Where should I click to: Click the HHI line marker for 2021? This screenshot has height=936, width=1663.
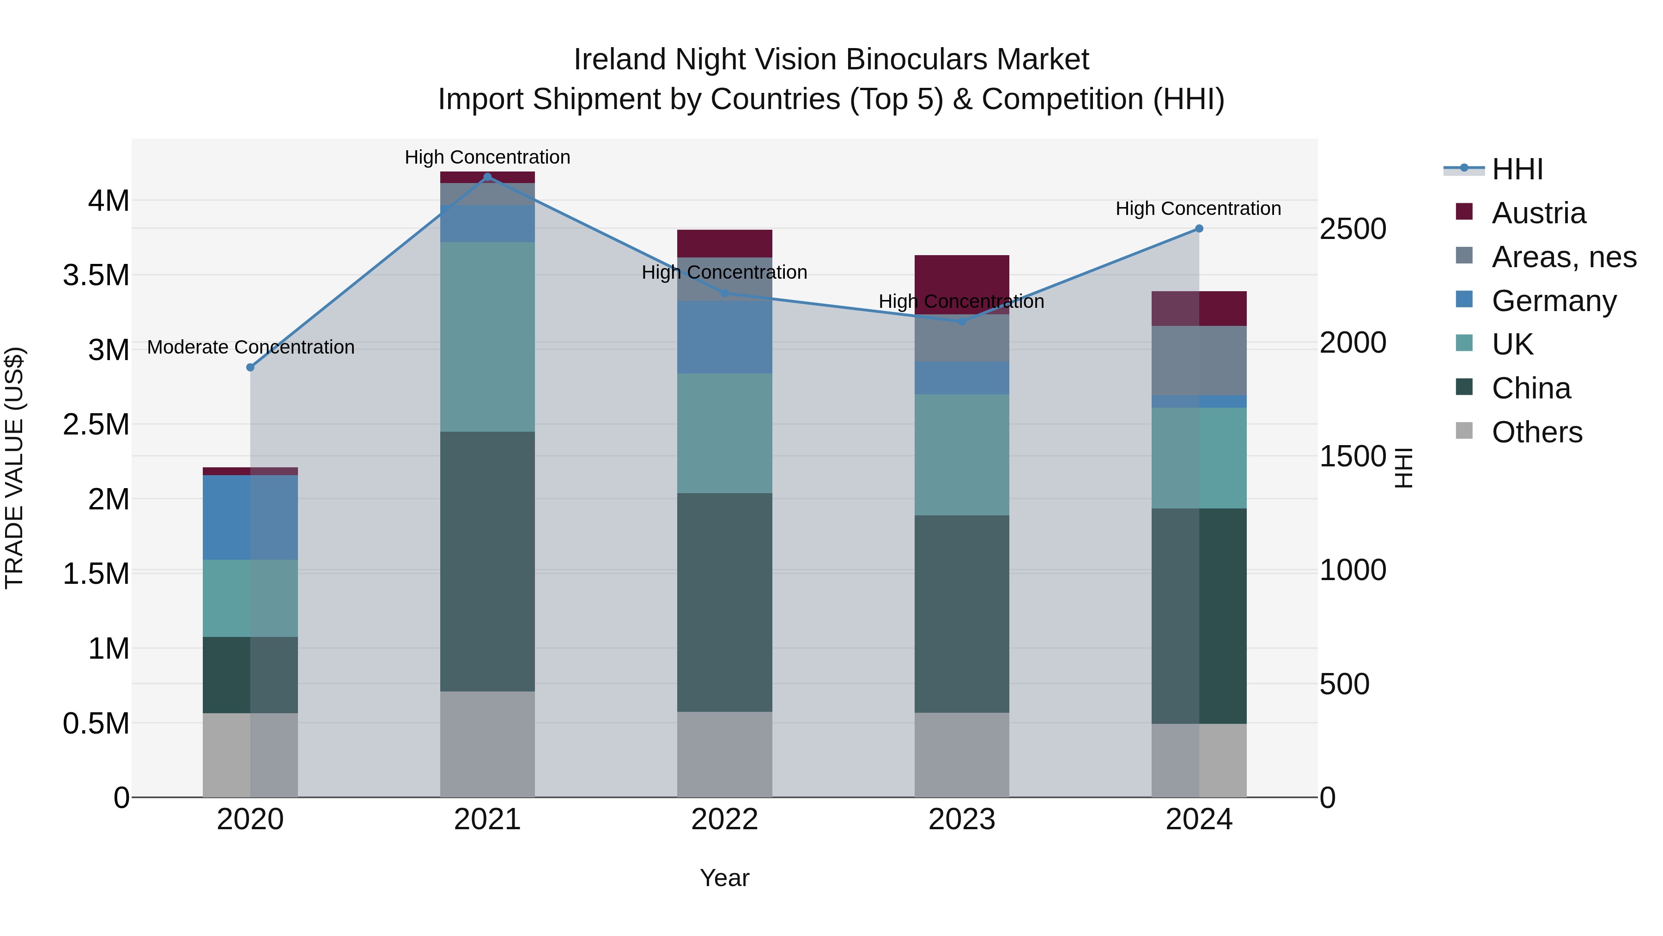[487, 177]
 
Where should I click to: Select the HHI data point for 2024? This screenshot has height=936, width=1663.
[1199, 229]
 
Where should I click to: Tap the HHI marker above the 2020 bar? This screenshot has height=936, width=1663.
[250, 367]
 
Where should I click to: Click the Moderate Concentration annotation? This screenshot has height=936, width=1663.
[250, 348]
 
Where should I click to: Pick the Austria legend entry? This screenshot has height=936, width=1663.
[1538, 213]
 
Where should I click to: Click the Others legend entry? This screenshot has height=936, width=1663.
[1536, 432]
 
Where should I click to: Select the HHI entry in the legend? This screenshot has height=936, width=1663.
[1517, 169]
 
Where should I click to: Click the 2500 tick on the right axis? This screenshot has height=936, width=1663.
[1353, 229]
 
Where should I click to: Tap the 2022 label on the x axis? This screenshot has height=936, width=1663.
[724, 820]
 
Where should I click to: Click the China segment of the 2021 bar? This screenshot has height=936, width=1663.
[487, 562]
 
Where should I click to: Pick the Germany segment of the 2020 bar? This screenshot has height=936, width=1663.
[250, 517]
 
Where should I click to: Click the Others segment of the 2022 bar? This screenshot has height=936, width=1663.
[724, 754]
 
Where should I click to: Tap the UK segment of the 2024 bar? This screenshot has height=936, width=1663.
[1199, 458]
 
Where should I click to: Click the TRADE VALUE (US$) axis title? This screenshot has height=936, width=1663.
[14, 468]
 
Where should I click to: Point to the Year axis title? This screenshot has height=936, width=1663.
[724, 878]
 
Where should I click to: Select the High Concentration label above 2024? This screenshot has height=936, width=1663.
[1198, 208]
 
